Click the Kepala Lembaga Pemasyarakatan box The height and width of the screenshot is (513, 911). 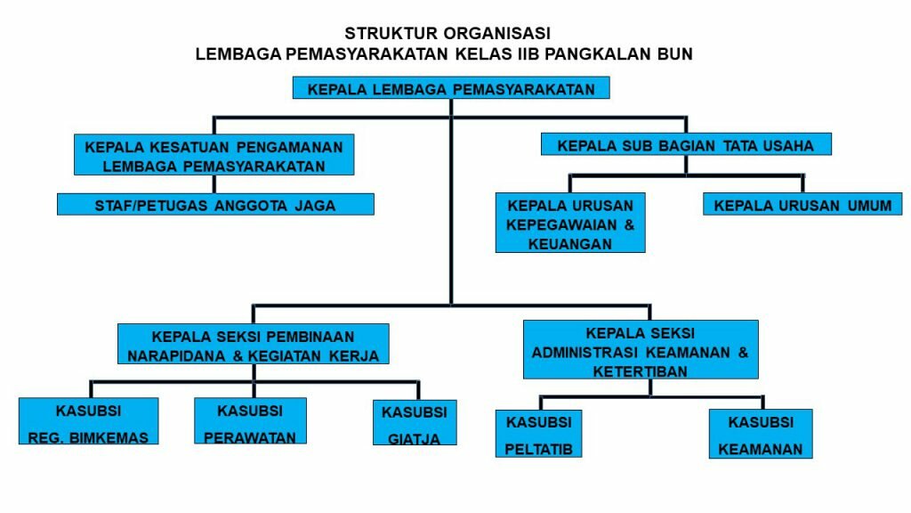pos(450,88)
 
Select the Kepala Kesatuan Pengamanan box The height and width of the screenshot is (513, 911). pos(214,154)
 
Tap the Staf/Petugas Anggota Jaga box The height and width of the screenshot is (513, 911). pos(215,205)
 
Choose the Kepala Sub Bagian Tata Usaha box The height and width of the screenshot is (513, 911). pos(685,144)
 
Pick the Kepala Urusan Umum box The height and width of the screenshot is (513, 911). pos(802,205)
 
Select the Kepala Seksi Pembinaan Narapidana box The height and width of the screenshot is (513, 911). pos(253,346)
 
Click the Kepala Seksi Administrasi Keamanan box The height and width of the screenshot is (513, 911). pos(641,350)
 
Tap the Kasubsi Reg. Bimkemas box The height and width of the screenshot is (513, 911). pos(89,421)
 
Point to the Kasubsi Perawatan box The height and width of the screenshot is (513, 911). pos(250,421)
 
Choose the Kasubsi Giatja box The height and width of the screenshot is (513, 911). pos(415,423)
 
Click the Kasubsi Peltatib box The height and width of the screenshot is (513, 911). pos(538,434)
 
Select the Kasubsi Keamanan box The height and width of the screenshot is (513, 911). pos(761,434)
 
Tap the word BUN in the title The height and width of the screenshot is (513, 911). pos(673,54)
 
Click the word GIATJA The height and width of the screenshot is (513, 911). pos(415,437)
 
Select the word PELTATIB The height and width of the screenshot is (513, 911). pos(538,448)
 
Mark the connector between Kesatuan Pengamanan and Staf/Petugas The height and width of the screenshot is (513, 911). pos(214,184)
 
